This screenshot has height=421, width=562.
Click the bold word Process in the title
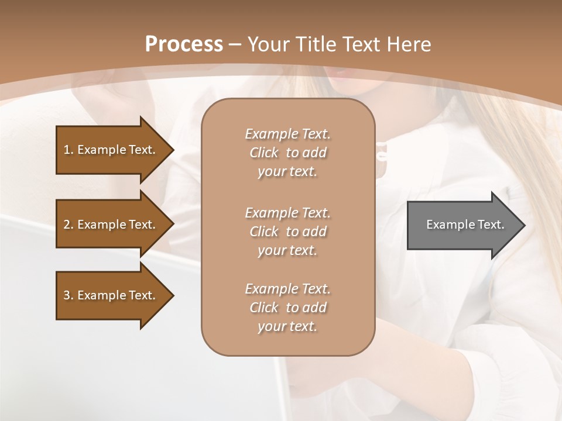(x=184, y=44)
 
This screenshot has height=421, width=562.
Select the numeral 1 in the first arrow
(x=67, y=150)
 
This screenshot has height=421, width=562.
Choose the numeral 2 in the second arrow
(x=67, y=225)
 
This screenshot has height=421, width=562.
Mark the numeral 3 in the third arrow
(x=67, y=295)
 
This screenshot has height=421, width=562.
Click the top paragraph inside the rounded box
(x=288, y=153)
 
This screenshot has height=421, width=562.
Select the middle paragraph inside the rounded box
(x=288, y=232)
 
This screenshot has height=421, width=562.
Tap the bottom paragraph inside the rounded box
(x=288, y=308)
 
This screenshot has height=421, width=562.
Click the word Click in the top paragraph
(x=264, y=153)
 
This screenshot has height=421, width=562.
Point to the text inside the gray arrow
(x=465, y=225)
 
